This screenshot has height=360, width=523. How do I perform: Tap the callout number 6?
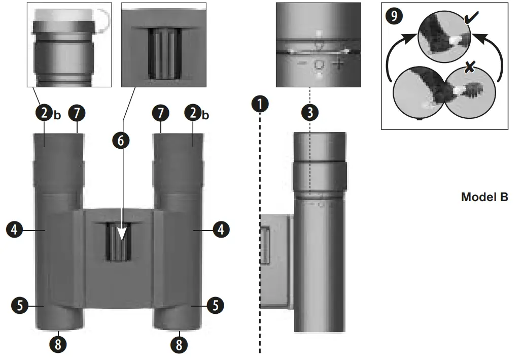tap(120, 141)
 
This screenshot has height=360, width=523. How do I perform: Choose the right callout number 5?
tap(216, 306)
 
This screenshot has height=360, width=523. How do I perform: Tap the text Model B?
tap(484, 197)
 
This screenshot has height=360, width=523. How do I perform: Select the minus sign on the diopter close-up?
tap(301, 64)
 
